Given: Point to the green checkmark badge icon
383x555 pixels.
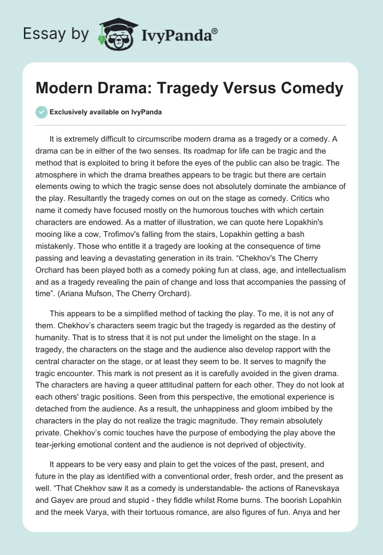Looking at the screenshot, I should [x=41, y=112].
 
